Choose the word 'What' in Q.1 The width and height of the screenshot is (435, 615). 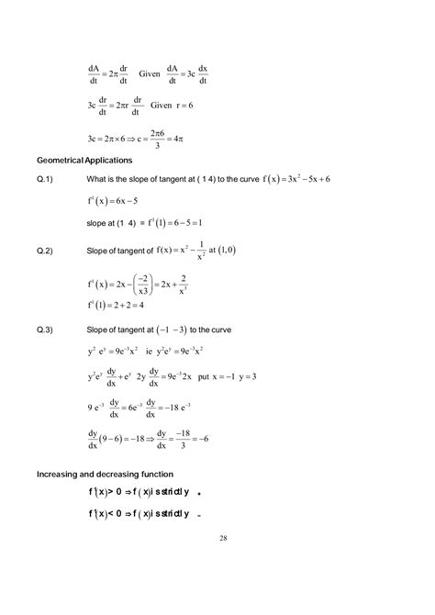click(x=98, y=178)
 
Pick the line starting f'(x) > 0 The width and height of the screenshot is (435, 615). click(x=139, y=493)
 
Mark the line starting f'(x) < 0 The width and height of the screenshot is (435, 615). click(x=139, y=513)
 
